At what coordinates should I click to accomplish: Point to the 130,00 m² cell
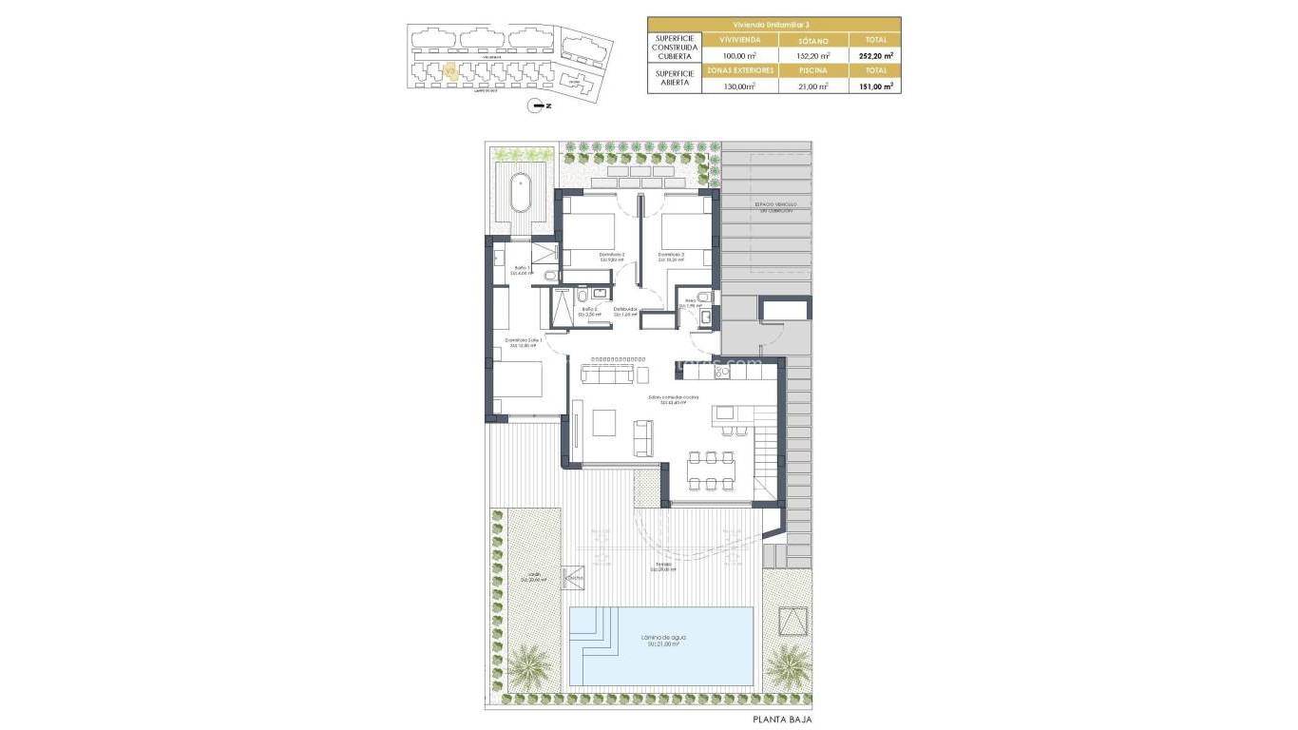738,86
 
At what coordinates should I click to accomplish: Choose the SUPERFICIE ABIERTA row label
674,78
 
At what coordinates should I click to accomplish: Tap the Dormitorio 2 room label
612,256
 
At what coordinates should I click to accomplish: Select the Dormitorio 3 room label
671,256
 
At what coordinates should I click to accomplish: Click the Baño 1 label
521,270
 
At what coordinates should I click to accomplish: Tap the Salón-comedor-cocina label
673,399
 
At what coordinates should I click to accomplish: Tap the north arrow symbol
540,106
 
